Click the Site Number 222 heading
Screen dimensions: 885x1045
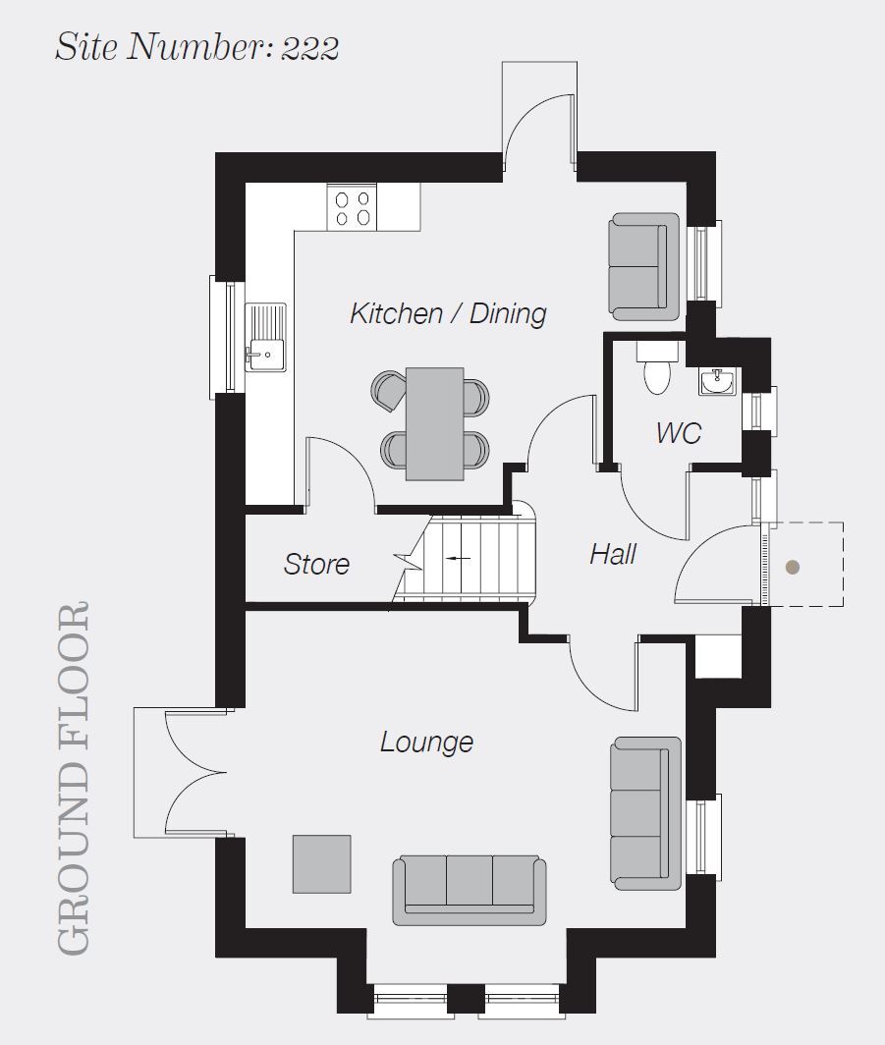click(196, 47)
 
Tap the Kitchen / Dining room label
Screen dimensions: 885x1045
click(449, 313)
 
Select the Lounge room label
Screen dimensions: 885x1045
click(426, 742)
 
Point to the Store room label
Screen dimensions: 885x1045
click(316, 564)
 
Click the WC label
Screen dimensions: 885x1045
click(679, 432)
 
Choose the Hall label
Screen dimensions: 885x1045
click(613, 554)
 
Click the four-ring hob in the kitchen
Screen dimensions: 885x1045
click(352, 208)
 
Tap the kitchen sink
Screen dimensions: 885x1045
click(266, 337)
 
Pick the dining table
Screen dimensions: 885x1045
click(434, 423)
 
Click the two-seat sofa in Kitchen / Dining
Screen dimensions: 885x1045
click(643, 266)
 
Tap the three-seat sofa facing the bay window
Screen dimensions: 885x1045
click(470, 891)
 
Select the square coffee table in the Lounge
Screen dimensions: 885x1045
click(322, 864)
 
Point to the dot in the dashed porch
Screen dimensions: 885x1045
click(793, 567)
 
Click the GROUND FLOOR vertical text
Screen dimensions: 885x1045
click(73, 779)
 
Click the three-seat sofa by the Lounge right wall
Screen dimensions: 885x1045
click(645, 814)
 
